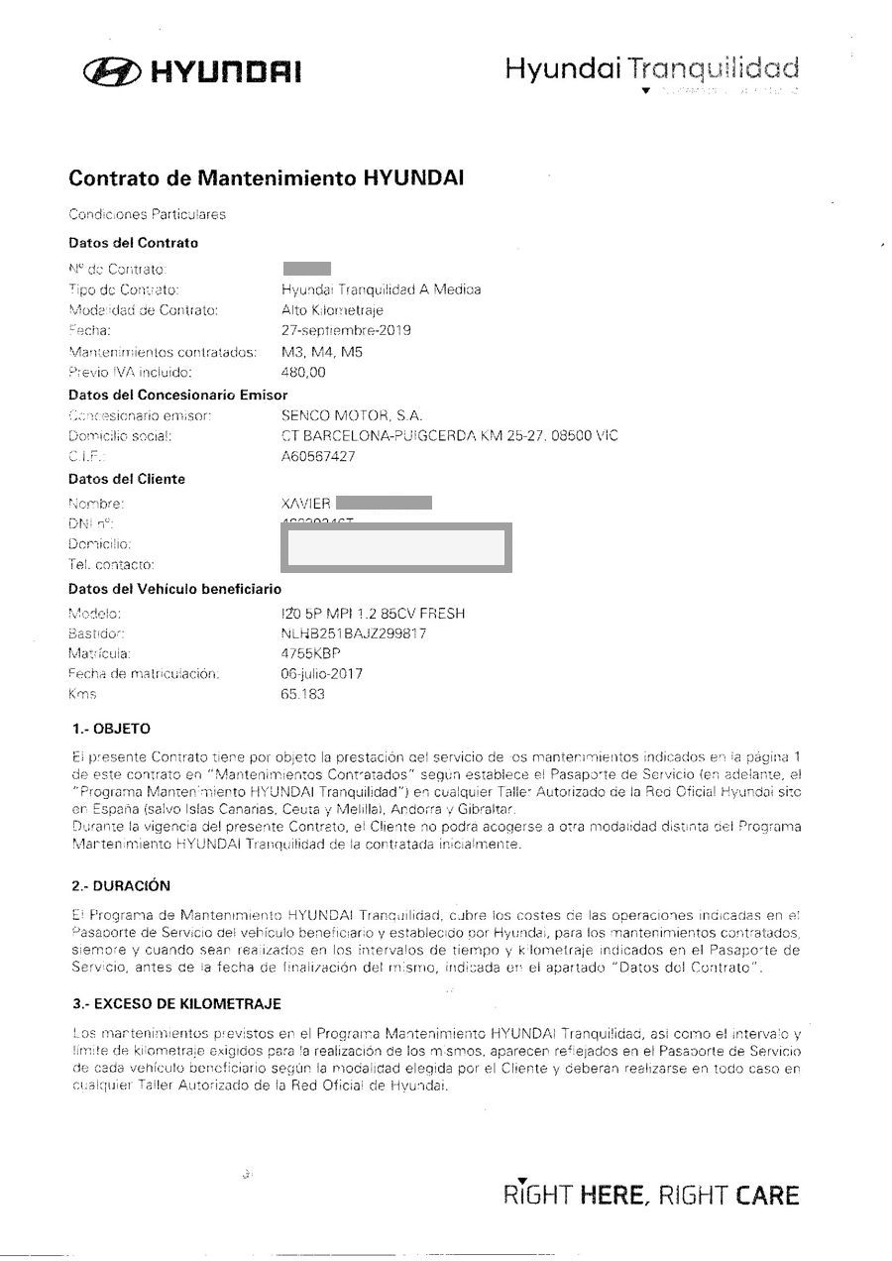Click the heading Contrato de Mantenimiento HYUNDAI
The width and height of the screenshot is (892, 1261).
(266, 179)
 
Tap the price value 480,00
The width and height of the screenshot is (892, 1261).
(302, 372)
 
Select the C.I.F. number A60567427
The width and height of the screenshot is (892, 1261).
(318, 457)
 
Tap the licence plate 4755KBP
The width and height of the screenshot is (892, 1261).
(311, 654)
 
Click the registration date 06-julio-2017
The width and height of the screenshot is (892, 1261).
(322, 674)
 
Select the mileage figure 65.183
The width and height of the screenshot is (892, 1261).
(303, 694)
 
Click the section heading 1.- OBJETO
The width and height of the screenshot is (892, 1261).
(112, 729)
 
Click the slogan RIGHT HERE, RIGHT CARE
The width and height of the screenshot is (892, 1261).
(651, 1195)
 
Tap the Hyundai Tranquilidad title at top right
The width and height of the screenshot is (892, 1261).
(651, 69)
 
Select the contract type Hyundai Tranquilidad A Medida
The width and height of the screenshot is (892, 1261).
(382, 289)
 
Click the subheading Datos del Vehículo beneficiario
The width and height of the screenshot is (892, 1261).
(175, 589)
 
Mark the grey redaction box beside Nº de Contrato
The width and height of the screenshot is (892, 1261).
(306, 268)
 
